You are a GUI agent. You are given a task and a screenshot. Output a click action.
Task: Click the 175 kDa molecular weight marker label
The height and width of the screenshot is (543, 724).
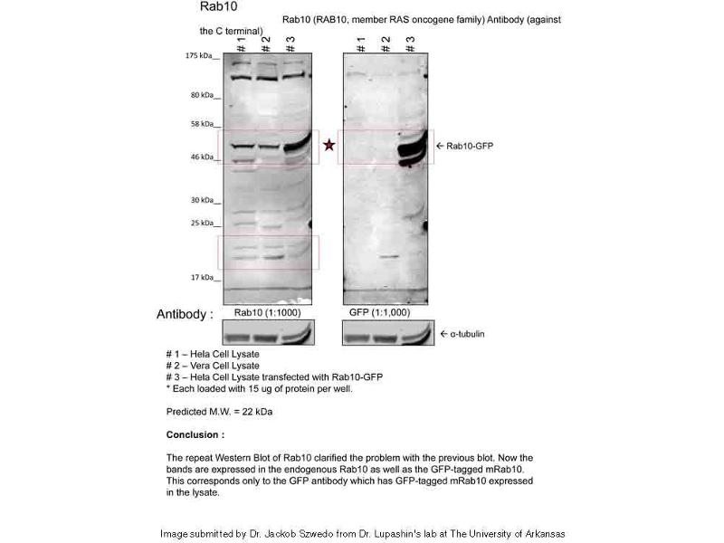202,56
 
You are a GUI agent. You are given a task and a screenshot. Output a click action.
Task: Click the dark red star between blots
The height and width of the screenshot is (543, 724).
329,145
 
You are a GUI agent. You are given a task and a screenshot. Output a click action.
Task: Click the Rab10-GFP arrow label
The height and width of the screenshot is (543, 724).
464,146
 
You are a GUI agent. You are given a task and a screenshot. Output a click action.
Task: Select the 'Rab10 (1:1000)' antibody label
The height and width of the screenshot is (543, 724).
268,313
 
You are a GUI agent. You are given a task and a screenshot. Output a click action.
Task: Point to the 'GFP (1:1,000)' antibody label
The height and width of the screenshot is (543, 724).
380,313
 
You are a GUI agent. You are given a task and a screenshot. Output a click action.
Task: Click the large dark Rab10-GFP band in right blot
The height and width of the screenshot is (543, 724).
412,148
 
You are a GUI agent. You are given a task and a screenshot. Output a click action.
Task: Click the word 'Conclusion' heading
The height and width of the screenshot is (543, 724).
194,434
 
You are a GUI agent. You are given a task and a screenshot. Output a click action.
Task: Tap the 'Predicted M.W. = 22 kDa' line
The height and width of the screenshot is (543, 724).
220,412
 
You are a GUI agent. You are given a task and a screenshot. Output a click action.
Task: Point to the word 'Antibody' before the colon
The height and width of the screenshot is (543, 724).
184,315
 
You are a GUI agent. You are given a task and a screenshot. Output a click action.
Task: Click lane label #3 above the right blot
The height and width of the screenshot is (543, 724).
410,43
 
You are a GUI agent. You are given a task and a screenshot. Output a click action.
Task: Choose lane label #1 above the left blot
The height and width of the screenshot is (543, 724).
241,43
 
